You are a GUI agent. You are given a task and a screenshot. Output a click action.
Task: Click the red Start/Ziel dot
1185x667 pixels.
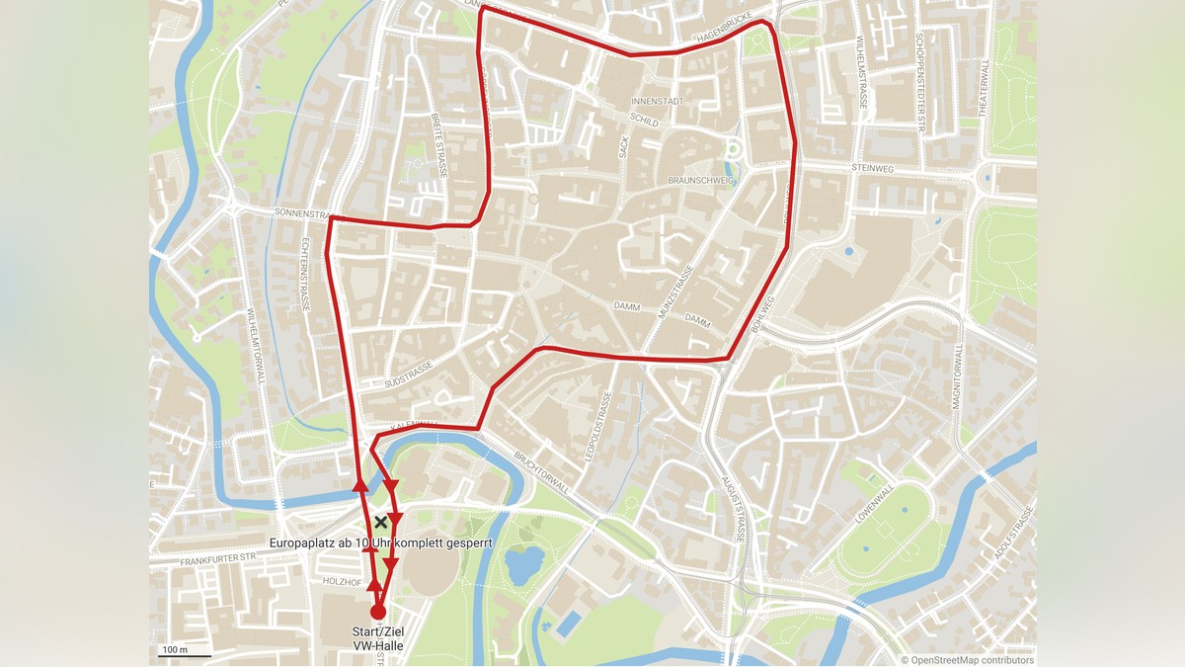coord(377,612)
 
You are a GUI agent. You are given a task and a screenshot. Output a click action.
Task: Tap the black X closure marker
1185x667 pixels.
coord(380,522)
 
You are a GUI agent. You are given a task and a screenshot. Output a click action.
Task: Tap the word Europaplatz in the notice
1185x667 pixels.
coord(303,543)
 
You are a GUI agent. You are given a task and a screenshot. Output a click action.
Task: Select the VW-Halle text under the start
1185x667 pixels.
coord(378,647)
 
